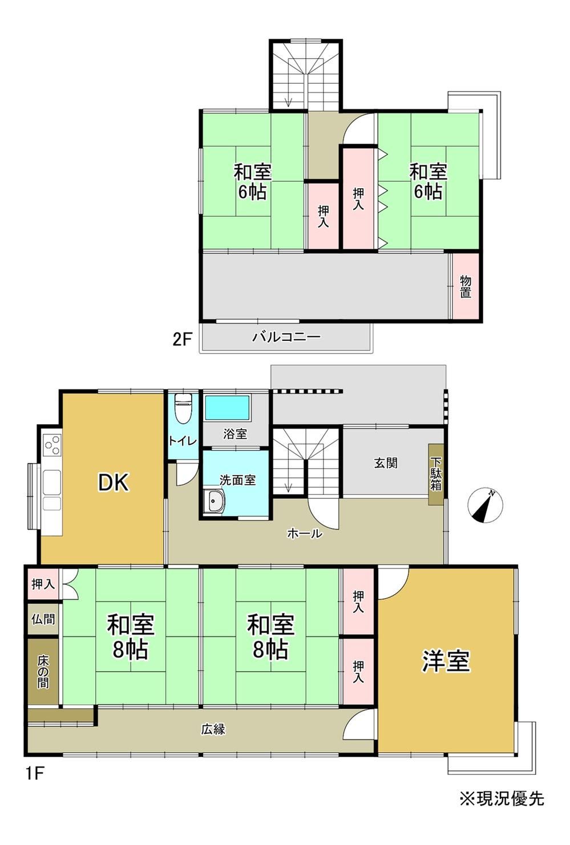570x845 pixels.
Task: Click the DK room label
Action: point(114,483)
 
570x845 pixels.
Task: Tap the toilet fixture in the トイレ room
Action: point(183,408)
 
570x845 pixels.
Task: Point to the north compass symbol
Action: point(485,505)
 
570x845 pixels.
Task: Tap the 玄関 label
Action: point(386,463)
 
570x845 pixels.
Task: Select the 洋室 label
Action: point(446,661)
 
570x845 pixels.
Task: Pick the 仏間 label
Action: point(43,619)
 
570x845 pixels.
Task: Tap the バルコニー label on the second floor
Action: point(286,337)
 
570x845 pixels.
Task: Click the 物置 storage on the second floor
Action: point(466,286)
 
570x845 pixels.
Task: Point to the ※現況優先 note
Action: point(502,799)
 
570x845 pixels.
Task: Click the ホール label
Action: point(305,534)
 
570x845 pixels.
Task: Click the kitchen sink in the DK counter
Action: point(52,482)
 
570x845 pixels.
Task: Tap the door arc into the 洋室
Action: point(393,583)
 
